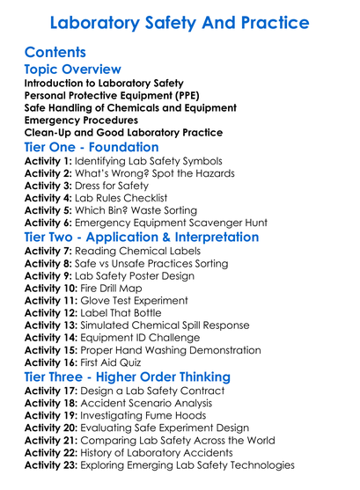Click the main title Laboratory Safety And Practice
tap(180, 21)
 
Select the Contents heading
tap(55, 52)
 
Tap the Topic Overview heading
tap(72, 69)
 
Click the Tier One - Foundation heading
tap(92, 147)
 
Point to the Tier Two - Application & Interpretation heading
tap(141, 237)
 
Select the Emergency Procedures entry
tap(80, 120)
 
